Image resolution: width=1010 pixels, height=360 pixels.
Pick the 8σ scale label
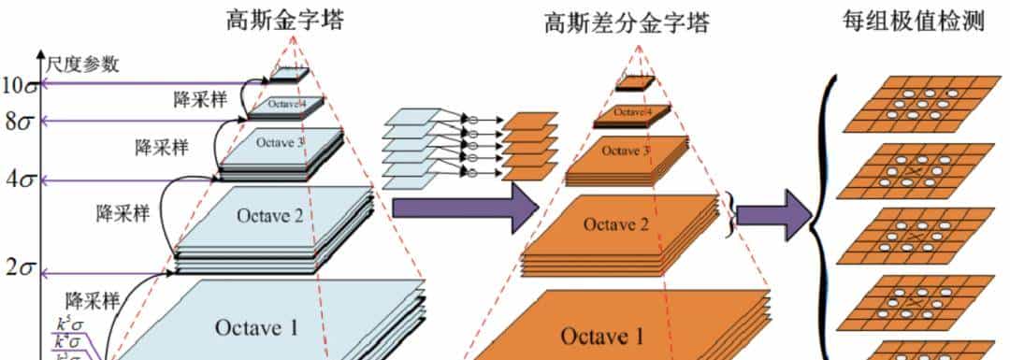click(x=21, y=121)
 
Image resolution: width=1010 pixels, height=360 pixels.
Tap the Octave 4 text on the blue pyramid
click(x=286, y=104)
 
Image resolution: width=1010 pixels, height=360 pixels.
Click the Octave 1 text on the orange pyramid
click(x=602, y=335)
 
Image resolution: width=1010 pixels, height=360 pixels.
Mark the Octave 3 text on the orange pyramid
click(x=621, y=151)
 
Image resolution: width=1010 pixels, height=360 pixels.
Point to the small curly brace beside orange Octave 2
click(x=729, y=211)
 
